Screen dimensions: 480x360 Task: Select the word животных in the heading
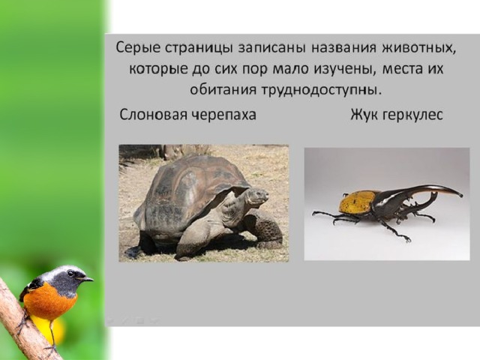418,49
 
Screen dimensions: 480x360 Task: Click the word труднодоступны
322,91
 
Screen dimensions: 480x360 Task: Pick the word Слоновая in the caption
153,115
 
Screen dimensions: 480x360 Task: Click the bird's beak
86,279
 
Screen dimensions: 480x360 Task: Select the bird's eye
70,273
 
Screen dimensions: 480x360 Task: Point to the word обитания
223,91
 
